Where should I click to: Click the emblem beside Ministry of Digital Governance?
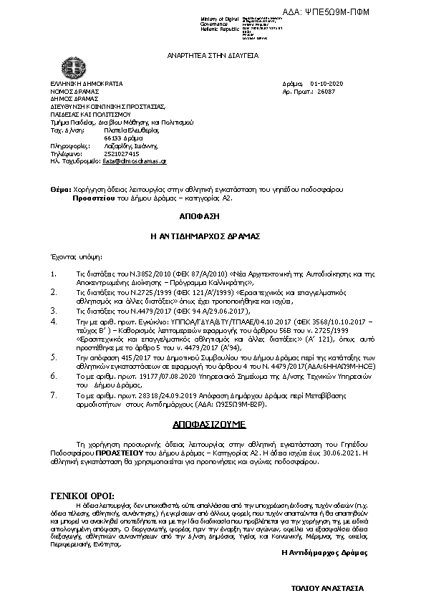click(x=188, y=24)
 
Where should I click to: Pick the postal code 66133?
click(x=114, y=138)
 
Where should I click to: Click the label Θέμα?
click(x=60, y=189)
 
